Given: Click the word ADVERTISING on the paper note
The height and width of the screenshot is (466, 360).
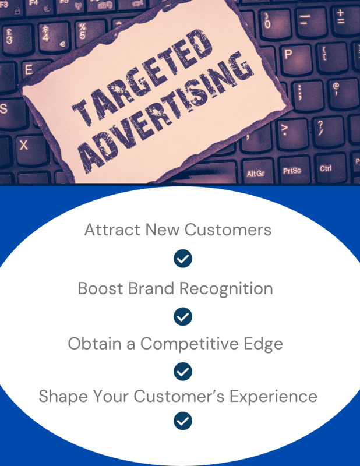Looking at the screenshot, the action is (167, 113).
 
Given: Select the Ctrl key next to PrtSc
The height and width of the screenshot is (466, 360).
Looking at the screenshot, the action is (327, 168).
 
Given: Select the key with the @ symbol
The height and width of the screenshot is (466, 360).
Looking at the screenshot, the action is (342, 93).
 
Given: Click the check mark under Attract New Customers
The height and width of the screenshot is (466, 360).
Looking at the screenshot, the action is (183, 259).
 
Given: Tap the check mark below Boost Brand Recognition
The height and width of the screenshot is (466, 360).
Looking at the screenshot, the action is (183, 316).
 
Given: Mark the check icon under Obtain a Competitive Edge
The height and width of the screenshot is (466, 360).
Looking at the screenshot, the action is (183, 372).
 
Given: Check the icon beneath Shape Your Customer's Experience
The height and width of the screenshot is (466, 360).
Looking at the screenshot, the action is (183, 421).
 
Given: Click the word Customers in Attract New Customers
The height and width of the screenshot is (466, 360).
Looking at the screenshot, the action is (228, 230).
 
